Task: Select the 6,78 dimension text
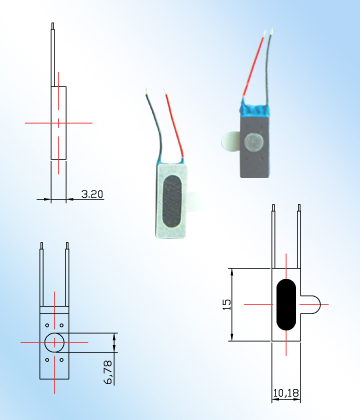[x=108, y=374]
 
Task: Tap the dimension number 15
[x=227, y=301]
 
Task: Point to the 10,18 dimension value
[x=287, y=392]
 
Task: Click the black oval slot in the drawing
[x=285, y=304]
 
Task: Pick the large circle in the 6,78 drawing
[x=55, y=342]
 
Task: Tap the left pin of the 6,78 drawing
[x=41, y=270]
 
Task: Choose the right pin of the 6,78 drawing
[x=67, y=270]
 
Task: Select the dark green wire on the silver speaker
[x=157, y=125]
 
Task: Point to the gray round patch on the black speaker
[x=255, y=142]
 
